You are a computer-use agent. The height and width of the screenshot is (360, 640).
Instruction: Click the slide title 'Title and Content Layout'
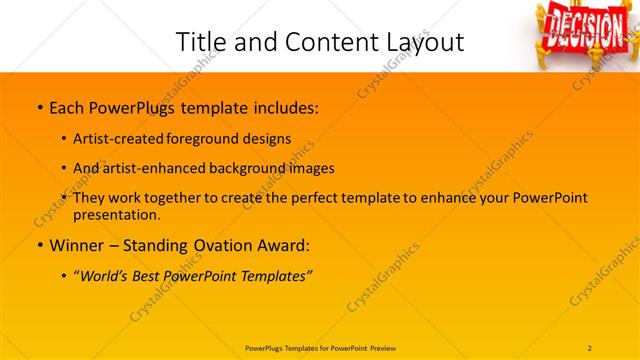coord(320,42)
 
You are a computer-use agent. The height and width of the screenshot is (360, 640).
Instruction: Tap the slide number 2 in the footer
coord(589,348)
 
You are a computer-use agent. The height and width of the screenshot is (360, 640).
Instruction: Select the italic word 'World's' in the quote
coord(107,275)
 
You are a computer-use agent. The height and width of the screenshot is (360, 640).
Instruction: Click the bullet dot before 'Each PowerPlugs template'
coord(39,105)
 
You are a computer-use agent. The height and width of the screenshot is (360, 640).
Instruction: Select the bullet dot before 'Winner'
coord(39,246)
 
